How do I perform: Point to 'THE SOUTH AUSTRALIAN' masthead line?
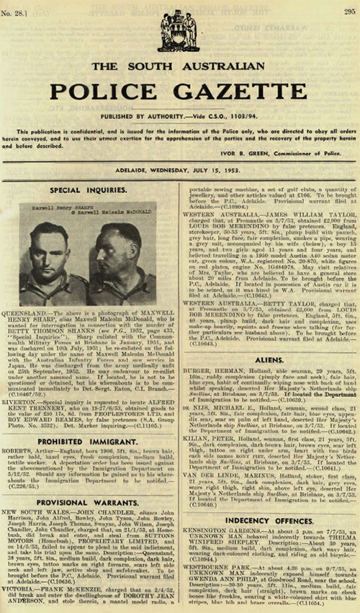pos(179,67)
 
